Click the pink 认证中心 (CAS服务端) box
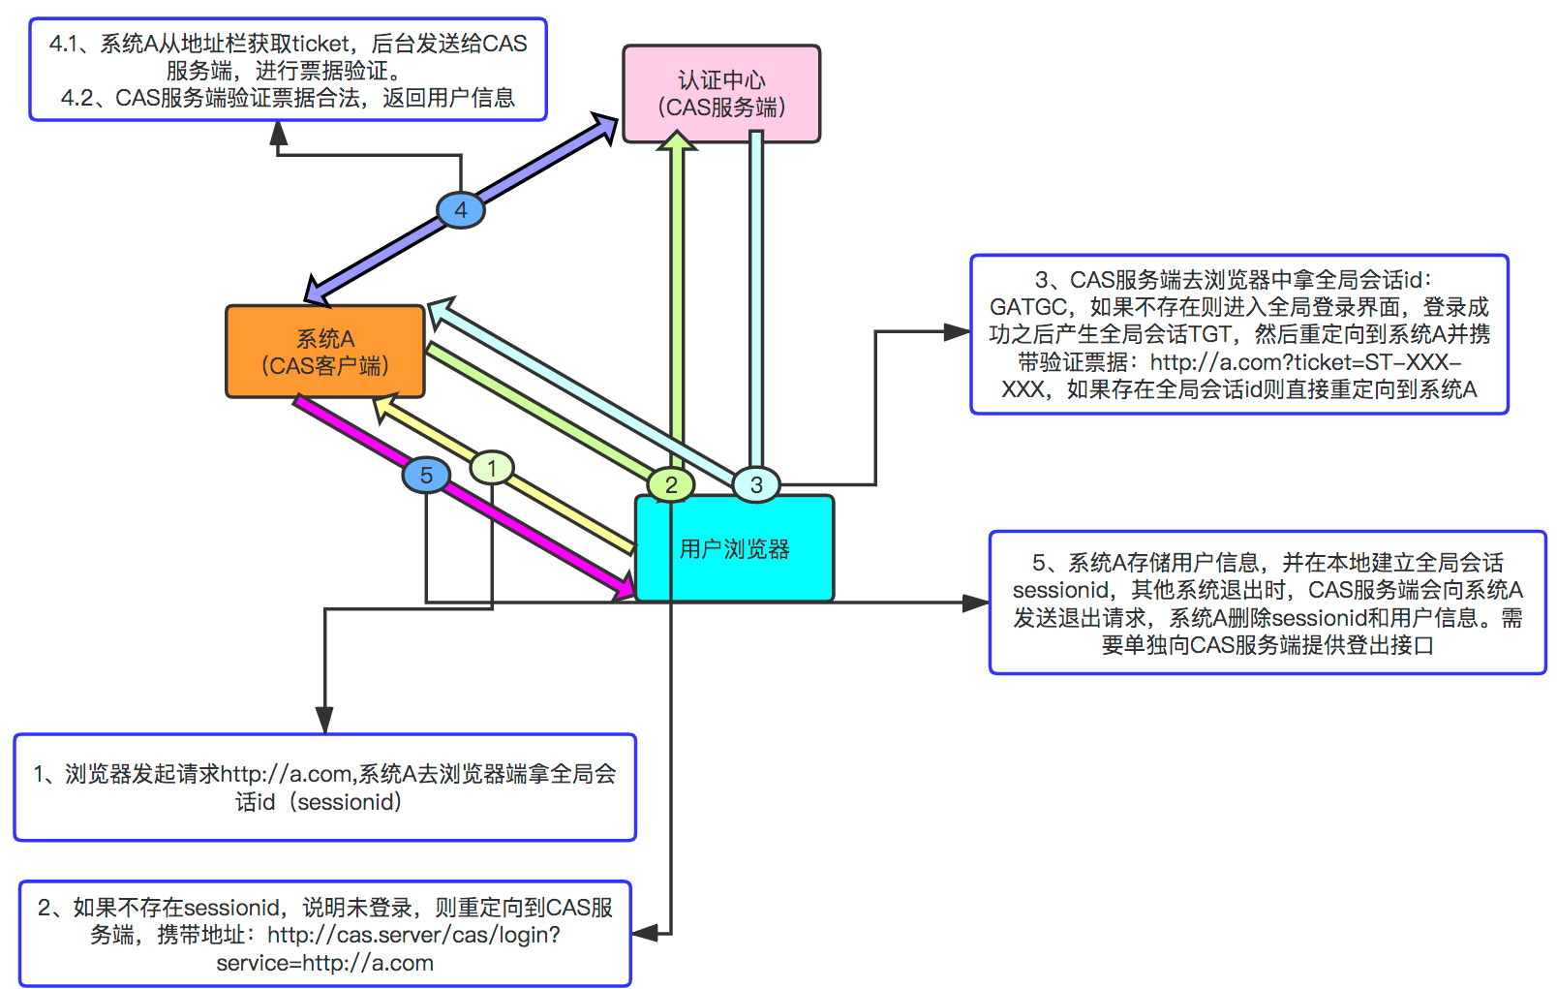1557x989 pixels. [721, 94]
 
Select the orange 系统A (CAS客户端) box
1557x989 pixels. [325, 352]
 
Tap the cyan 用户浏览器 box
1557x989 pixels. [734, 549]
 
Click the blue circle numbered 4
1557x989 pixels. [461, 210]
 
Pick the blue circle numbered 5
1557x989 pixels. [426, 475]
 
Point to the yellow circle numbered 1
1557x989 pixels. [492, 469]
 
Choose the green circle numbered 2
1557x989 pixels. [671, 485]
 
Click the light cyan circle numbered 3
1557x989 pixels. [756, 484]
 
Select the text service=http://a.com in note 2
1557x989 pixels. [324, 963]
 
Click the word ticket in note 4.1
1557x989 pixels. [321, 44]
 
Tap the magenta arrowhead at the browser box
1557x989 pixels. [624, 586]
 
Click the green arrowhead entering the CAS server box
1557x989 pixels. [677, 142]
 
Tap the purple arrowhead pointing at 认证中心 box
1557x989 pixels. [605, 127]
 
